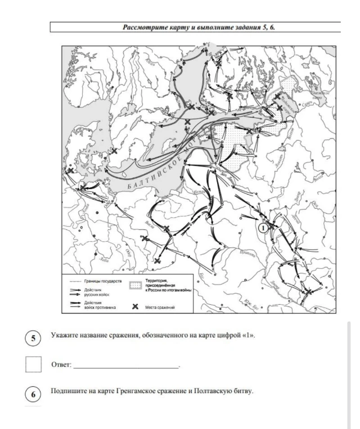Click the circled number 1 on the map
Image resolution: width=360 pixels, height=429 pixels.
click(263, 227)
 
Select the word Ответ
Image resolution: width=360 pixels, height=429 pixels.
click(61, 366)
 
